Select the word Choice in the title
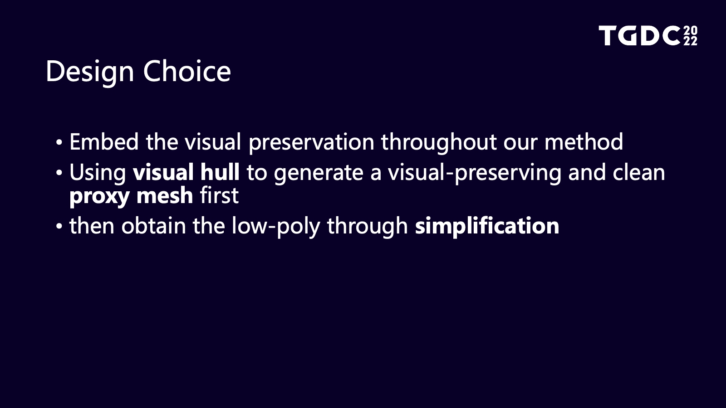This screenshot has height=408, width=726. click(x=187, y=71)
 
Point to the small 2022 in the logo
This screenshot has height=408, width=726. click(x=691, y=36)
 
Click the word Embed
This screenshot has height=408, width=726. click(x=104, y=142)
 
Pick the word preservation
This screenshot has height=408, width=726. click(x=311, y=143)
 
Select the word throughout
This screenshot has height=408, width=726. click(x=439, y=143)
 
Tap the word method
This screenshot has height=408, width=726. click(x=584, y=141)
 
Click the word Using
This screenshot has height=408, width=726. click(x=98, y=173)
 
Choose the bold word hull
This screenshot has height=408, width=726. click(x=220, y=172)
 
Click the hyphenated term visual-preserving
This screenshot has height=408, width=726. click(x=475, y=173)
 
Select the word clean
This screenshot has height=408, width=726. click(x=639, y=172)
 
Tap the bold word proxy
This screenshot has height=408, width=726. click(x=99, y=197)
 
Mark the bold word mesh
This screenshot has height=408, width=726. click(x=165, y=195)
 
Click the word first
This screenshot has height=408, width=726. click(x=220, y=195)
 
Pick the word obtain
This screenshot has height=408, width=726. click(x=154, y=225)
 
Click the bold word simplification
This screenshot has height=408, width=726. click(x=487, y=227)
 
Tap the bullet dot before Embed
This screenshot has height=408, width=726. click(x=59, y=142)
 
